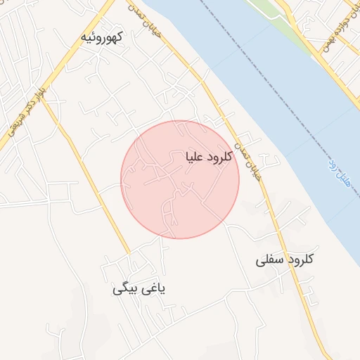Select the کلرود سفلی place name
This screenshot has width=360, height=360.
point(283,260)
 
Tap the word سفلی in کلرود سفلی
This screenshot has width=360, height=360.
point(267,260)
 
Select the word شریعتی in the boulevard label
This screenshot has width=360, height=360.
point(18,121)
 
